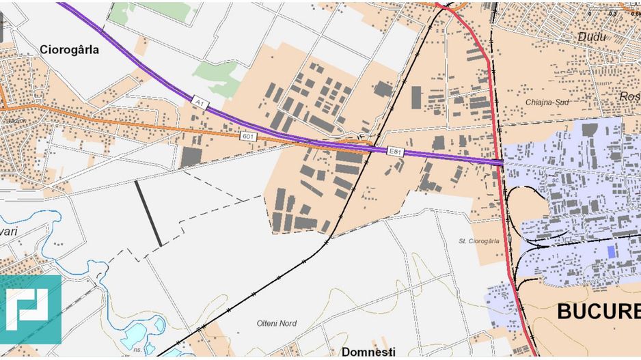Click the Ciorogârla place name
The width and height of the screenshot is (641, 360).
click(69, 49)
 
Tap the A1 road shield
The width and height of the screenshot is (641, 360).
click(199, 102)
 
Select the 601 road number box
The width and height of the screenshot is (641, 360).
click(247, 136)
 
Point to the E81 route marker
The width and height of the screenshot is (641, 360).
click(394, 150)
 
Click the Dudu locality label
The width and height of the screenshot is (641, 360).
click(591, 37)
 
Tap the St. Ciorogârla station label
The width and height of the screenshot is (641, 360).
click(479, 240)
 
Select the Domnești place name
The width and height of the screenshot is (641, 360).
click(368, 352)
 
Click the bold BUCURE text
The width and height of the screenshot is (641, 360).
click(598, 312)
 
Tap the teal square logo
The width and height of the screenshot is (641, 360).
click(30, 309)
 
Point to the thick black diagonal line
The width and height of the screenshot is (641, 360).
click(148, 213)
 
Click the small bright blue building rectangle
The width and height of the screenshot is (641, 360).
click(611, 251)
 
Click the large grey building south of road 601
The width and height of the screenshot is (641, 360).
click(191, 157)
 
